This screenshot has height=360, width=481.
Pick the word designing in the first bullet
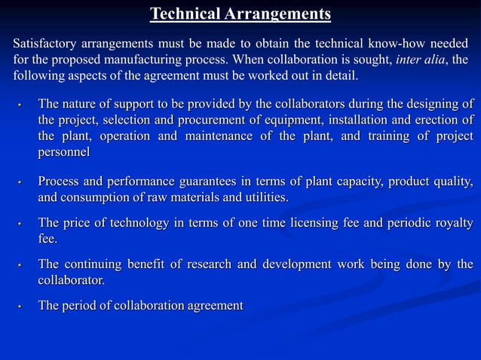point(432,103)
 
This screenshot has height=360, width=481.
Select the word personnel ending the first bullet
point(64,152)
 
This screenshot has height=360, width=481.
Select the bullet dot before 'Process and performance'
point(22,183)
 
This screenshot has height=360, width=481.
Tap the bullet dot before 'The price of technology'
point(22,224)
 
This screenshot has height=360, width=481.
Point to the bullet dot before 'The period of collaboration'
point(22,307)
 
